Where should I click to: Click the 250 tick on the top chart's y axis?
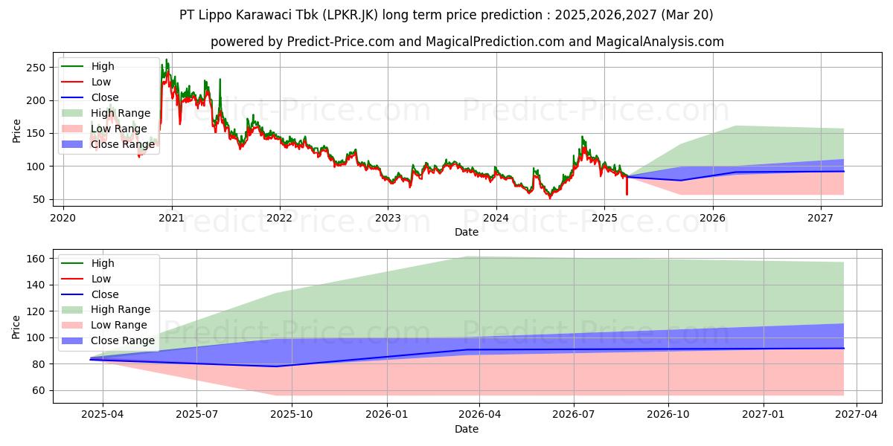41,68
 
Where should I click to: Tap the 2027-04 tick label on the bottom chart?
856,414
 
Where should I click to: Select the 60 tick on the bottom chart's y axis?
38,390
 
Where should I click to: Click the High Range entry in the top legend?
121,113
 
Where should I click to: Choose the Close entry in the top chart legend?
104,97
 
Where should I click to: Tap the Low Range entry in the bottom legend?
118,325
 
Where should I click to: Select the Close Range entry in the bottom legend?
122,340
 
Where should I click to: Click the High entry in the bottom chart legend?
103,263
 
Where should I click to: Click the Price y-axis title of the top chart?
16,130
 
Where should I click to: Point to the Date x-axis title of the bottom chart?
467,429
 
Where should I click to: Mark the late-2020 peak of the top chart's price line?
167,60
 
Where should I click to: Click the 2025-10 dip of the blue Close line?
277,366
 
